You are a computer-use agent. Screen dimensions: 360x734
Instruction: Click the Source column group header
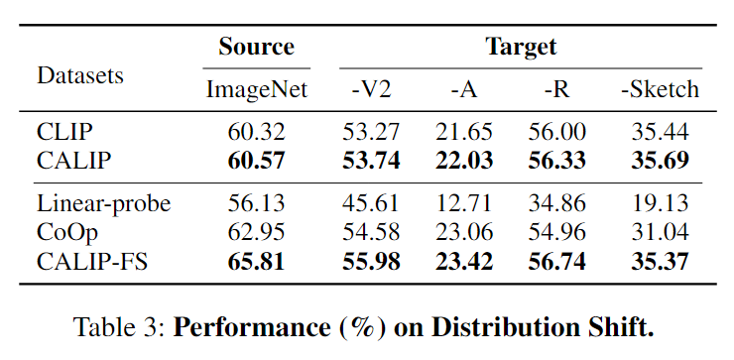[x=256, y=47]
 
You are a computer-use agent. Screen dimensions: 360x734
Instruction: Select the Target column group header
[x=521, y=47]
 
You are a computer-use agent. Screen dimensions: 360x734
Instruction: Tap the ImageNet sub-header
[x=257, y=89]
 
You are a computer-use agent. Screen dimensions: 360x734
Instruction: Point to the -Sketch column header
[x=660, y=89]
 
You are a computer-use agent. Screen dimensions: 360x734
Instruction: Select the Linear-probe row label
[x=104, y=204]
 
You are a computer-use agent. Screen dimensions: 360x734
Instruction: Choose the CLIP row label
[x=67, y=132]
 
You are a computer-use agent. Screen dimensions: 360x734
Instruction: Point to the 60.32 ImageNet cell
[x=257, y=132]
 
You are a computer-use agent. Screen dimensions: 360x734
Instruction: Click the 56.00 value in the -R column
[x=557, y=132]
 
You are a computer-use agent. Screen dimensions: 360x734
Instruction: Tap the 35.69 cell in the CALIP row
[x=660, y=160]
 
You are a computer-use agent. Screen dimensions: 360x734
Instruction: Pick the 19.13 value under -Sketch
[x=660, y=204]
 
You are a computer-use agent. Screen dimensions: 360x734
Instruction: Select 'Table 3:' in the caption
[x=125, y=326]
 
